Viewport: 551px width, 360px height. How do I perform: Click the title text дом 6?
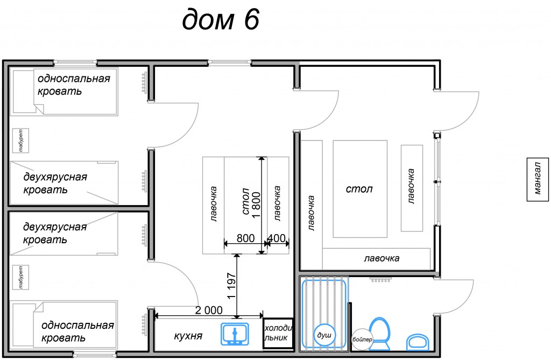221,19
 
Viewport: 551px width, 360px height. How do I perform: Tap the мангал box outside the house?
538,179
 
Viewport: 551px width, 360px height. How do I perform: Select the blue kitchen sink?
235,334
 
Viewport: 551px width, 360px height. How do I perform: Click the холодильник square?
278,333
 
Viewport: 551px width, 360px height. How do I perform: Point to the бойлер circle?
362,339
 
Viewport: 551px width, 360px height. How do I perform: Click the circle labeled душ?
324,335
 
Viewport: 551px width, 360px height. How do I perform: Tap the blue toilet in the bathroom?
379,334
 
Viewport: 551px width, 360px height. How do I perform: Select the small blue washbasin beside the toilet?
418,342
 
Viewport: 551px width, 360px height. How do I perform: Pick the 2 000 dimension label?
209,310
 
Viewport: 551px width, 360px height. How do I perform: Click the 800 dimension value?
245,238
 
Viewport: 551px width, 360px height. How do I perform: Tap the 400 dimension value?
277,238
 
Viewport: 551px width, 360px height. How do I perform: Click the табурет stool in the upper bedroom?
20,140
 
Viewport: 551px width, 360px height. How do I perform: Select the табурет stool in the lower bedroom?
20,277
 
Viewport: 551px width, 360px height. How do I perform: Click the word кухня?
188,336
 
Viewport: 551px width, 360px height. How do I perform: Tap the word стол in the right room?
359,189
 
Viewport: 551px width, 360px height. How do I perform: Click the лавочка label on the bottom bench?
382,258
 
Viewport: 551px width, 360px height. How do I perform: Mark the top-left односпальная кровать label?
74,84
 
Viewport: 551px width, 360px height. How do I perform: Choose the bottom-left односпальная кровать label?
77,331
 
